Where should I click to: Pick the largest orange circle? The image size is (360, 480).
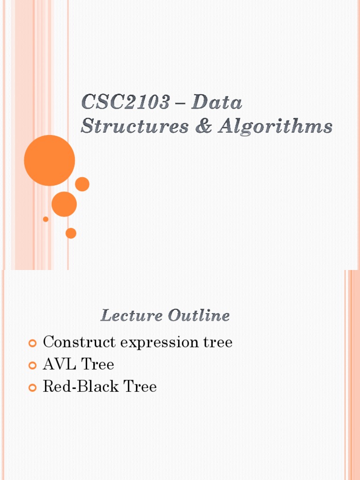(49, 160)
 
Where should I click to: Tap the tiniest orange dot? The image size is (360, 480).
(45, 219)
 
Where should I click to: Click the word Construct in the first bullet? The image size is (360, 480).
(79, 342)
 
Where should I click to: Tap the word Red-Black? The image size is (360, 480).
(75, 387)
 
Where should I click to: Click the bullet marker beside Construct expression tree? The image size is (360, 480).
(32, 344)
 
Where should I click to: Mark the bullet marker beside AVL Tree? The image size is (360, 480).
(32, 366)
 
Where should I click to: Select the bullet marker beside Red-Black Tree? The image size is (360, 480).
(32, 388)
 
